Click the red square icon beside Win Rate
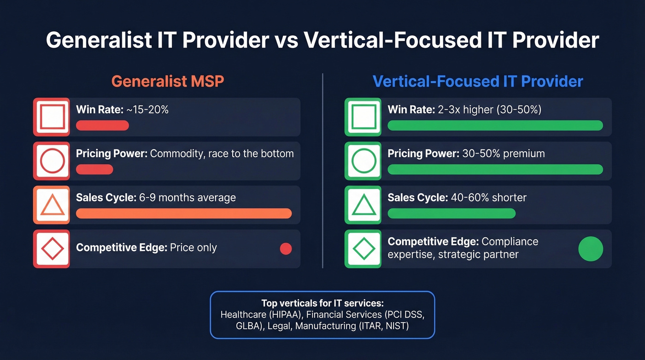[52, 117]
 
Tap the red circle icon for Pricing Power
[52, 161]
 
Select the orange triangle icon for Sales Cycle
[52, 205]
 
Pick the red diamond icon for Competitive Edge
[52, 249]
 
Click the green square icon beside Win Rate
[363, 117]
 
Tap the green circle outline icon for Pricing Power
[363, 161]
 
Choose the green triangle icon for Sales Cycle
[363, 205]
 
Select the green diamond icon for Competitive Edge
[363, 249]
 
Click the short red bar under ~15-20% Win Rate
[102, 125]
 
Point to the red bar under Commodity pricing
[94, 169]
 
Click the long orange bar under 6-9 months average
[184, 213]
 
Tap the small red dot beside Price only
[286, 249]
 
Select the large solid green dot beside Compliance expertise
[590, 249]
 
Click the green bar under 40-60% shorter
[451, 213]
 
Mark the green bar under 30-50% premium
[495, 169]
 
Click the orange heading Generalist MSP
[167, 82]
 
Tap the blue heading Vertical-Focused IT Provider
[478, 82]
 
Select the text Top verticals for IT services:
[322, 303]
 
